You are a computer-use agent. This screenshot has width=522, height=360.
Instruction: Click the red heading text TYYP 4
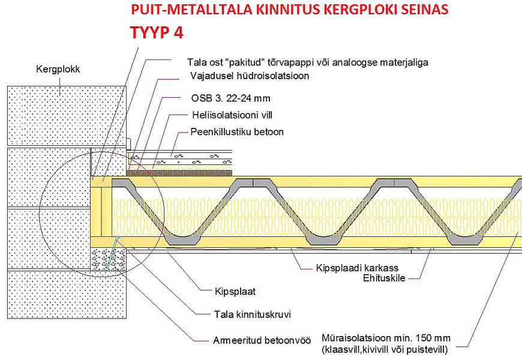pos(157,32)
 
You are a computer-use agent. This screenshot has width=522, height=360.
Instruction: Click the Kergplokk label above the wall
pos(58,69)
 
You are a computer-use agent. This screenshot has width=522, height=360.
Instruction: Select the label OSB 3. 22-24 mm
pos(231,98)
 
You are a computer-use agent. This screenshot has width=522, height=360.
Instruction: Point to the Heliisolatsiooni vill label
pos(232,115)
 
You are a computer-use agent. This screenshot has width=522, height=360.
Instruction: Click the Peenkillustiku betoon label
pos(237,132)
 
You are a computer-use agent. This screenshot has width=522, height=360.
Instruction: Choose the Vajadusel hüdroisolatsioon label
pos(250,76)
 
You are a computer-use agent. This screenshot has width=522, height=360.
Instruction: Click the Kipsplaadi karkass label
pos(357,268)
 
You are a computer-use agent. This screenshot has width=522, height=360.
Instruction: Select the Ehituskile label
pos(384,278)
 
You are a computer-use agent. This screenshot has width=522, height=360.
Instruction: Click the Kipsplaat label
pos(235,292)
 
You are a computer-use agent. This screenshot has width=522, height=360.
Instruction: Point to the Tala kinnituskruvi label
pos(253,314)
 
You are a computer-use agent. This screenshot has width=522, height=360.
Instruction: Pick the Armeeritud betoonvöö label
pos(262,340)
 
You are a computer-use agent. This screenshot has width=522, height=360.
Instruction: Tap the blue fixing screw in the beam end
pos(112,253)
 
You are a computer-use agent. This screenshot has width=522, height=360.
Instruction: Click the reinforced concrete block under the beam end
pos(108,259)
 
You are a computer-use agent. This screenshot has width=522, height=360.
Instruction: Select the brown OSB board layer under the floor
pos(179,173)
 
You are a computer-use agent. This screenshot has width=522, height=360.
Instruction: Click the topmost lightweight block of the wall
pos(67,116)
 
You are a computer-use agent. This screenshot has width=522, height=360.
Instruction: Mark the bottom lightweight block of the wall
pos(67,295)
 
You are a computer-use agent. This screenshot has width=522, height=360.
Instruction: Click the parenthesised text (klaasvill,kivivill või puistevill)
pos(385,350)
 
